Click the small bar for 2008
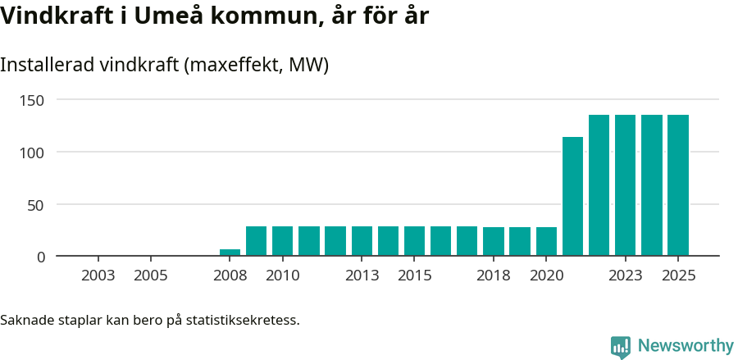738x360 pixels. [230, 253]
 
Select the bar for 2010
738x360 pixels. [282, 241]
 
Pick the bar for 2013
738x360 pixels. [362, 241]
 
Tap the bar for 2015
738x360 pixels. [414, 241]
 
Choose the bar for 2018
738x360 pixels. [494, 242]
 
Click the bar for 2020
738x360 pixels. [546, 242]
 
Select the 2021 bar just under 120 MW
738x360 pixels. [572, 197]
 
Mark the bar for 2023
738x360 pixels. [626, 185]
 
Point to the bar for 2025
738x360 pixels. [678, 185]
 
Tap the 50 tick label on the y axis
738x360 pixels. [35, 204]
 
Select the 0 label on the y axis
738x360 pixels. [40, 257]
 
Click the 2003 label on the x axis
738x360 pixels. [98, 276]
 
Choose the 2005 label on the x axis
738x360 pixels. [150, 276]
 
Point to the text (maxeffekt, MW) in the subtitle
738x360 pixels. [256, 65]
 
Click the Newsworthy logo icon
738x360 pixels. [621, 346]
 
